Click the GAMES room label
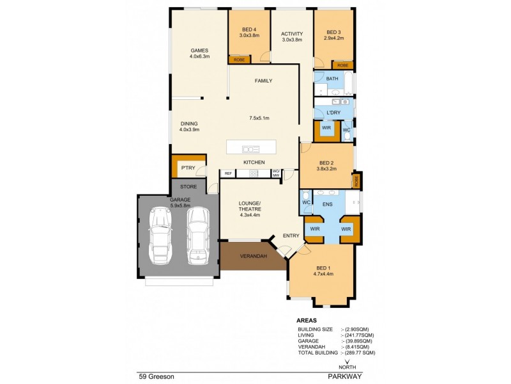click(199, 50)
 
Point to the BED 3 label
click(334, 33)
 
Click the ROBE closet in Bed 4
click(239, 60)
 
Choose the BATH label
click(332, 79)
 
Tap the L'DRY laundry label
click(333, 113)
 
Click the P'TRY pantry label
click(188, 168)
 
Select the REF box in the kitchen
click(227, 173)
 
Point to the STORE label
click(188, 188)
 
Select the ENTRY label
click(291, 236)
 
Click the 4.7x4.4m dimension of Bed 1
click(323, 274)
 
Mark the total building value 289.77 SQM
click(359, 353)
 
